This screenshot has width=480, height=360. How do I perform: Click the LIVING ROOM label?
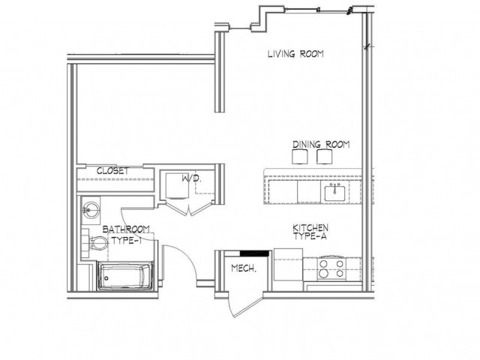click(295, 54)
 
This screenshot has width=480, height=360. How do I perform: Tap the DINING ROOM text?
click(321, 144)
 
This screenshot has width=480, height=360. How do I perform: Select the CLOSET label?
click(113, 171)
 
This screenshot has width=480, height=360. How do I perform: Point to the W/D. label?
click(192, 178)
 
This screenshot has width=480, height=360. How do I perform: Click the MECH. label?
click(244, 268)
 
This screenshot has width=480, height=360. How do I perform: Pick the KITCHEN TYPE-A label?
click(310, 232)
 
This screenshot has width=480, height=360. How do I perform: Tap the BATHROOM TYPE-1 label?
click(126, 235)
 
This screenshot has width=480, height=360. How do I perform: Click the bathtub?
click(125, 276)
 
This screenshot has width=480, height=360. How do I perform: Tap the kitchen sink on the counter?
click(335, 193)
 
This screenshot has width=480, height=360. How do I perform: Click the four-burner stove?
click(331, 268)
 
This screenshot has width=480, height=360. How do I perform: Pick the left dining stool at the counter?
click(300, 157)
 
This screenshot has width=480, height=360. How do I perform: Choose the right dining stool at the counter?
click(325, 157)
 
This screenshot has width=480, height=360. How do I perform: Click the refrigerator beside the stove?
click(288, 265)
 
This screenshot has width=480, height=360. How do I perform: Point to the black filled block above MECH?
click(254, 253)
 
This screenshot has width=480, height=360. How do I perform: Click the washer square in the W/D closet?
click(177, 186)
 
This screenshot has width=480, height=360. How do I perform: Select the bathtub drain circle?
click(106, 278)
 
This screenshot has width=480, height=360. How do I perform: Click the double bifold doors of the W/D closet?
click(190, 208)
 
